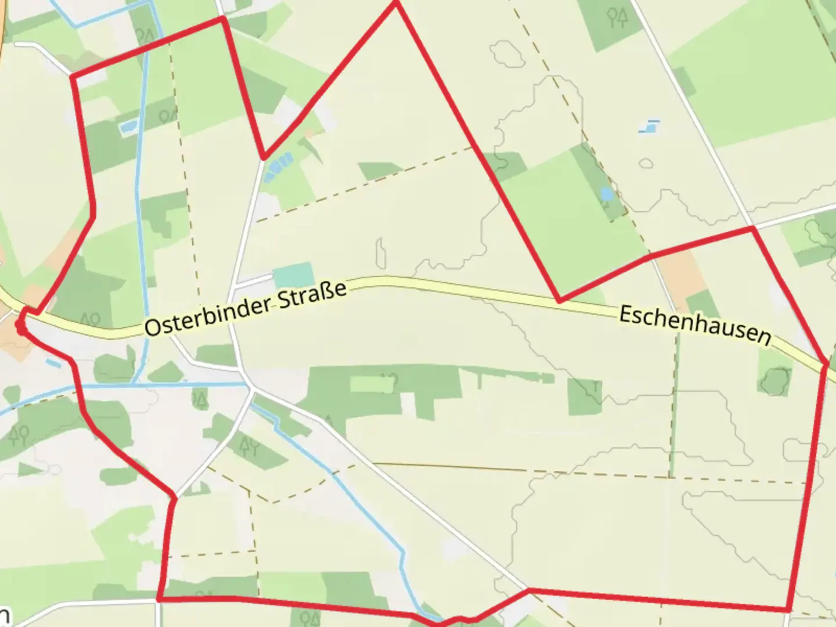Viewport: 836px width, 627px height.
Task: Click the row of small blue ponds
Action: [x=278, y=166]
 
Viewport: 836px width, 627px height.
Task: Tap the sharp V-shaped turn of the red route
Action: [x=264, y=157]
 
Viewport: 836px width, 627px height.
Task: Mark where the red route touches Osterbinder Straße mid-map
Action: [x=559, y=301]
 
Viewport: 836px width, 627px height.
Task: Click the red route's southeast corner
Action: [x=788, y=609]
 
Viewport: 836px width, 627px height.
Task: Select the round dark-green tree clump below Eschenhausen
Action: [x=775, y=380]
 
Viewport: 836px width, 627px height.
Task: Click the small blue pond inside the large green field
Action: [x=606, y=194]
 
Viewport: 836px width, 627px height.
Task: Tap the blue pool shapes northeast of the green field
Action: [x=650, y=127]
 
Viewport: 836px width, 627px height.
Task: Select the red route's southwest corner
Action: [x=158, y=598]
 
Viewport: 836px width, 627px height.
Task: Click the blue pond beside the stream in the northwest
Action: [x=127, y=127]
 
